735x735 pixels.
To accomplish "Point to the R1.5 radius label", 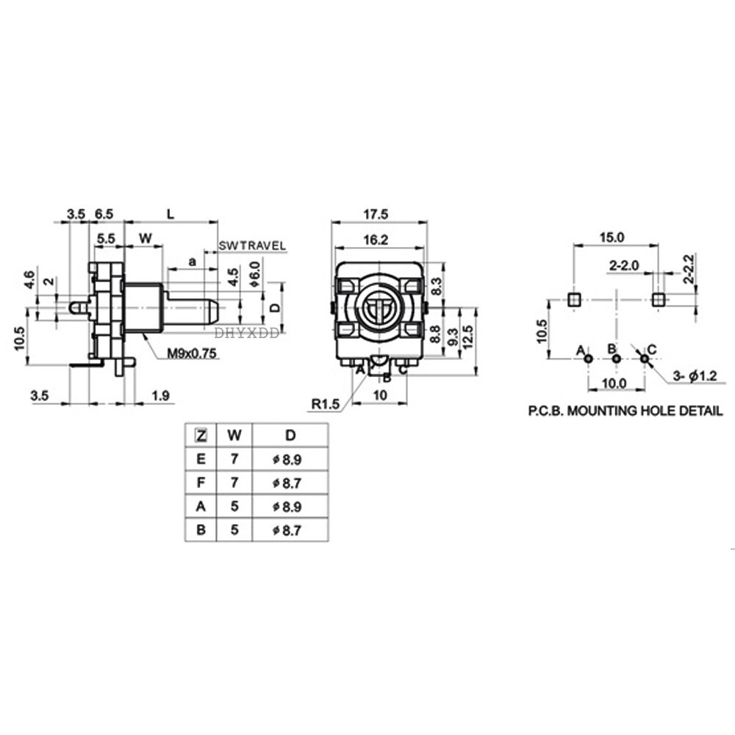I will pyautogui.click(x=325, y=403).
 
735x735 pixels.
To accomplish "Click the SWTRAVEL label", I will pyautogui.click(x=252, y=245).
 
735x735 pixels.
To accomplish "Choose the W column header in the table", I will pyautogui.click(x=234, y=435).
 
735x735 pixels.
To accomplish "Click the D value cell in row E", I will pyautogui.click(x=289, y=459).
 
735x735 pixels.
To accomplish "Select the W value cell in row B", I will pyautogui.click(x=234, y=530).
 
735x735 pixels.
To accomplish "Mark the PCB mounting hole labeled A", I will pyautogui.click(x=588, y=358).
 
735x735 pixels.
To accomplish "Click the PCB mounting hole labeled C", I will pyautogui.click(x=645, y=358).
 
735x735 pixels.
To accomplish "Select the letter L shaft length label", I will pyautogui.click(x=171, y=214).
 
